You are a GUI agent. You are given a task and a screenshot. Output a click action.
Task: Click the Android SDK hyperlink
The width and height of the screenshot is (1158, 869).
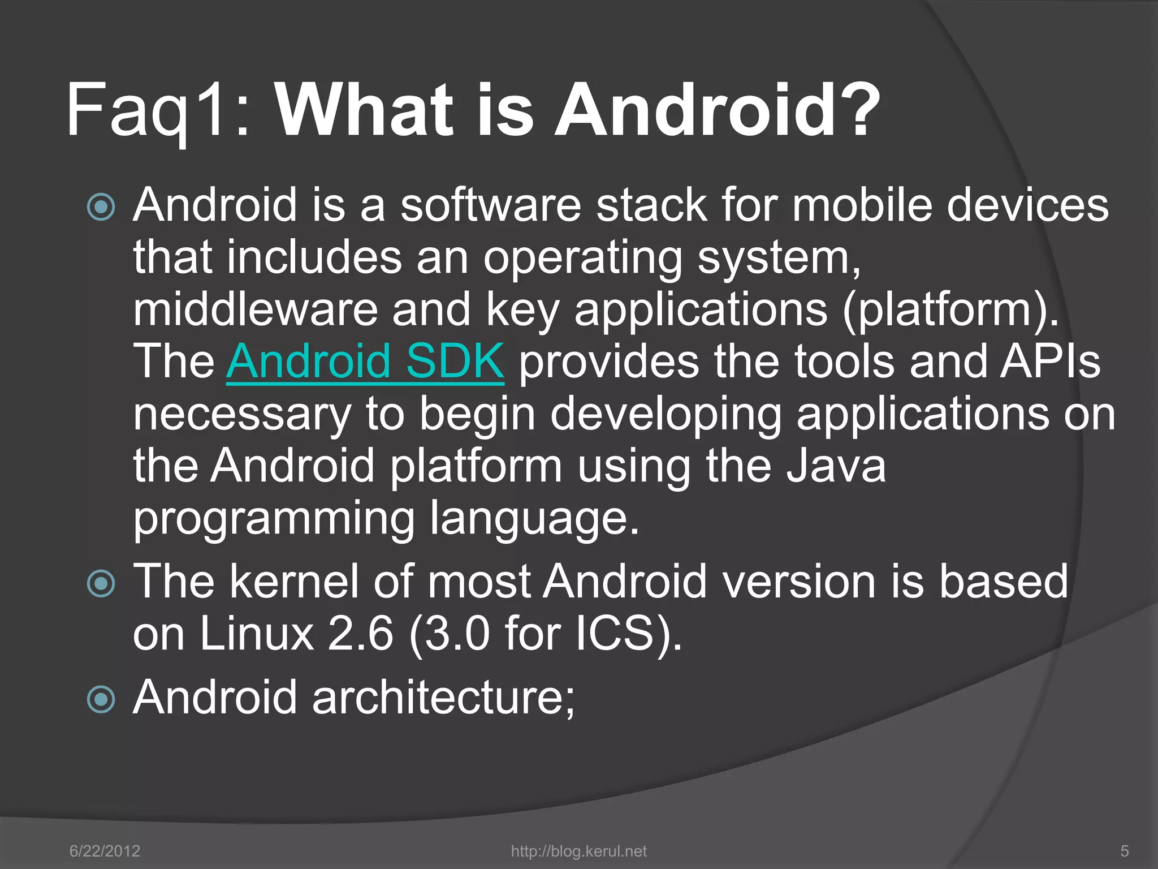point(365,362)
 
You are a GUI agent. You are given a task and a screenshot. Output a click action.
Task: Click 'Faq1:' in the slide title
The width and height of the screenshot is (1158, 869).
point(158,110)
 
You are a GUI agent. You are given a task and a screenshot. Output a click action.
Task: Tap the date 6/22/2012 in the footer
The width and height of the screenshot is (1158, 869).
point(105,851)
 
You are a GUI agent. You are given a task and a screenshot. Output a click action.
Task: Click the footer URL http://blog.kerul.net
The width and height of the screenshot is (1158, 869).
point(578,851)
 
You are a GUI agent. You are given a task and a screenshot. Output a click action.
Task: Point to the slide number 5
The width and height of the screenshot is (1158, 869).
point(1124,851)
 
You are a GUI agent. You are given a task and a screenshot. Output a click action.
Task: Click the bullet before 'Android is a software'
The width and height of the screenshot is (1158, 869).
point(102,207)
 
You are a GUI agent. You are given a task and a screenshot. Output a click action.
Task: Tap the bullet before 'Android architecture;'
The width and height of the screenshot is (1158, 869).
point(102,699)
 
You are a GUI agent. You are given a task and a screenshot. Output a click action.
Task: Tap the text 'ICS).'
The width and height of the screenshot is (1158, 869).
point(629,634)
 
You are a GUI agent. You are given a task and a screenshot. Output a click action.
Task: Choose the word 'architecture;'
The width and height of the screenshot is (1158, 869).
point(443,698)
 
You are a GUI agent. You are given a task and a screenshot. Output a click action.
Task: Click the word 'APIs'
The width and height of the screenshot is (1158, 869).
point(1050,362)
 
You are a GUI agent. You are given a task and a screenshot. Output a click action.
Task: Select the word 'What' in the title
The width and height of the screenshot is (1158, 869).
point(365,110)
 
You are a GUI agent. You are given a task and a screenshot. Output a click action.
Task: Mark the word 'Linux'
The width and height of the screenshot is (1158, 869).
point(257,634)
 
